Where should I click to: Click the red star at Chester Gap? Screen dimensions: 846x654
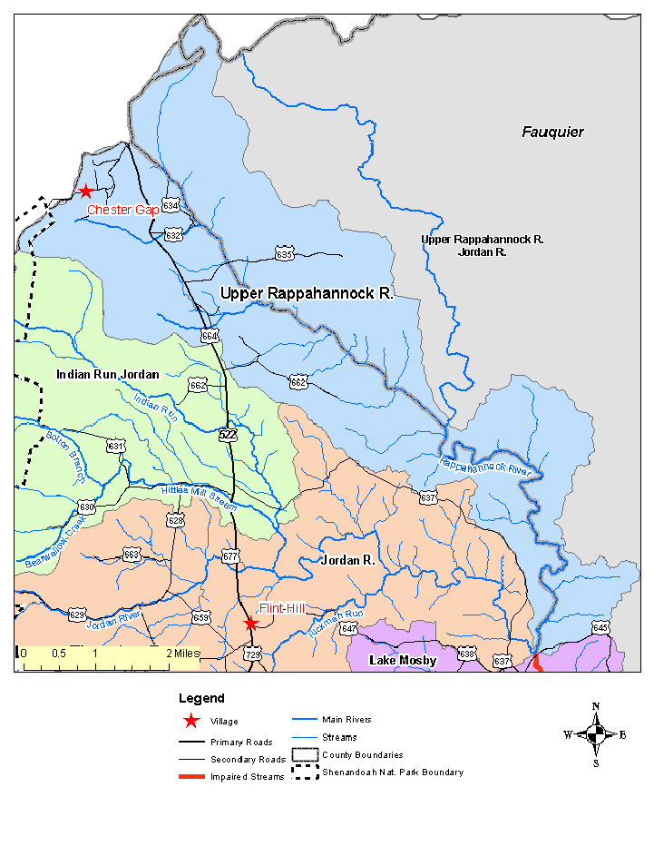click(85, 191)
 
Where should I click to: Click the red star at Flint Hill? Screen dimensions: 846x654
click(251, 624)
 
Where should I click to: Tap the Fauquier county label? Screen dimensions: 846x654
click(552, 133)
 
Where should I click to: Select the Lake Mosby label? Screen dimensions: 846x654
click(403, 661)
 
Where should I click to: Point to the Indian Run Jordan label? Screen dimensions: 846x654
click(107, 374)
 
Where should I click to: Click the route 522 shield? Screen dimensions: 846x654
click(228, 435)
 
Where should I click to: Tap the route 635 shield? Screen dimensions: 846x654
click(285, 255)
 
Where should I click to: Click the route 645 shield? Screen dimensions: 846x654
click(600, 627)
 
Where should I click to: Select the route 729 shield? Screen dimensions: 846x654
click(253, 654)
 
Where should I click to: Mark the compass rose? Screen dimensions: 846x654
click(595, 734)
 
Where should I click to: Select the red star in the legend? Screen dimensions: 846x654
click(190, 722)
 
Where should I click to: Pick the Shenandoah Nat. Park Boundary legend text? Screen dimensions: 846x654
click(392, 772)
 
